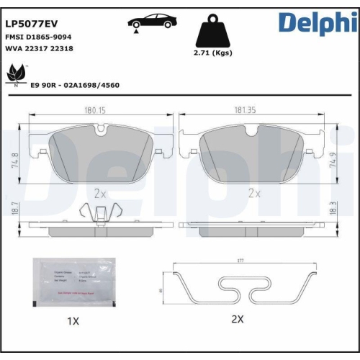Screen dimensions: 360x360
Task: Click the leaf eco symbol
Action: click(17, 74)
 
